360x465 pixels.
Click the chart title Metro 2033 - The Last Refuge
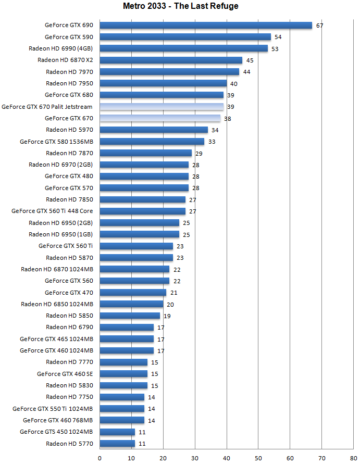coord(179,6)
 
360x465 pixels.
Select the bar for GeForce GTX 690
coord(206,25)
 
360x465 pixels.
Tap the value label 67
coord(320,26)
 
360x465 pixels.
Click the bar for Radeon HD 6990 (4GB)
coord(183,48)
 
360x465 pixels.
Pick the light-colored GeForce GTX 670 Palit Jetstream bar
coord(162,107)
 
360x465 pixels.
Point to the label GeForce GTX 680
coord(69,95)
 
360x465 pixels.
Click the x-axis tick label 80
coord(354,458)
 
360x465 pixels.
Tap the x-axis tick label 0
coord(100,458)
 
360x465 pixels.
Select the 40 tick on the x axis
coord(227,458)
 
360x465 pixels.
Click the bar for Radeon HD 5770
coord(117,444)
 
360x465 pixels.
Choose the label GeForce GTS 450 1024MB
coord(56,432)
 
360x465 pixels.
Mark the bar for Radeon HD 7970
coord(169,72)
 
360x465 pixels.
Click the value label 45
coord(250,60)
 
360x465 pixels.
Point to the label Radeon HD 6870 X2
coord(65,60)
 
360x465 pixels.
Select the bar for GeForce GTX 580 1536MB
coord(152,141)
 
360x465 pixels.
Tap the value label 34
coord(215,130)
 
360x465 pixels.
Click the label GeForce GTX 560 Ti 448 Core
coord(52,211)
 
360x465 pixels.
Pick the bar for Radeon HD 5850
coord(130,316)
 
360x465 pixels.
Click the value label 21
coord(174,293)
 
